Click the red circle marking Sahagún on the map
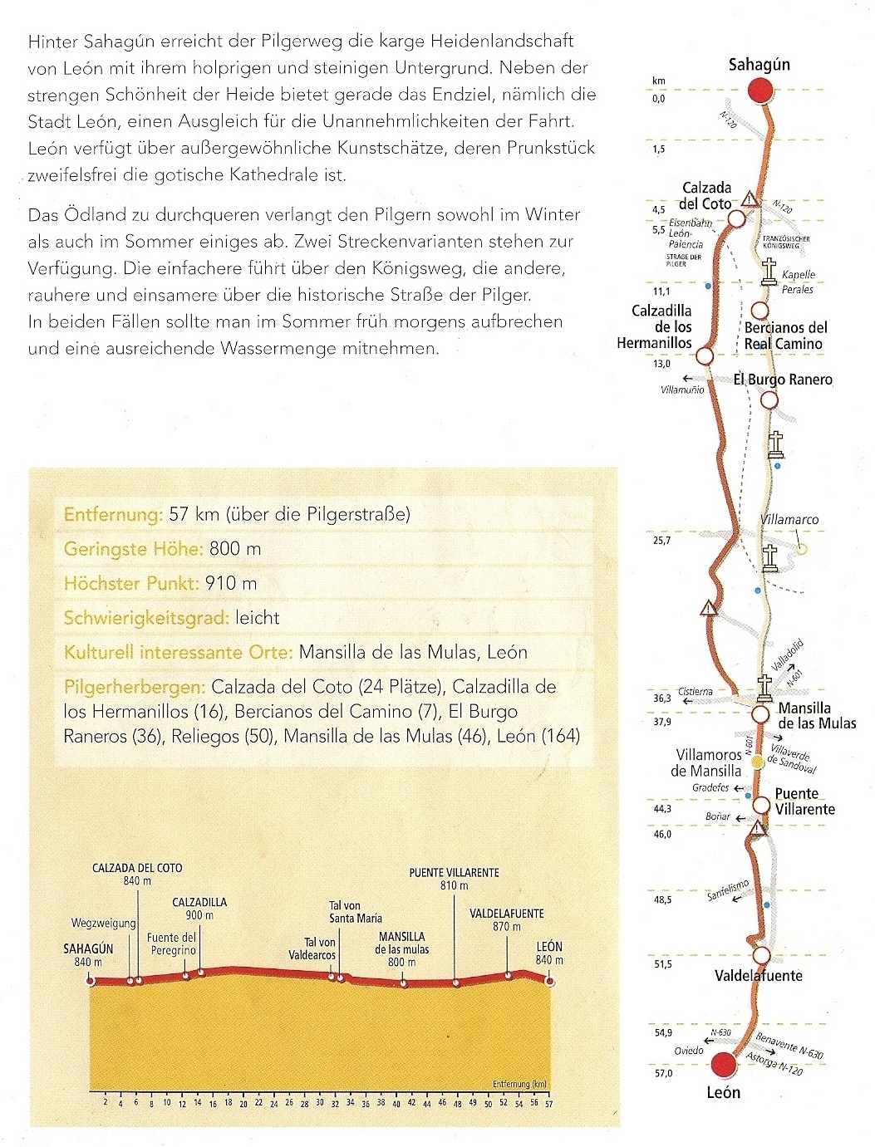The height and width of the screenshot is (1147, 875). click(x=759, y=91)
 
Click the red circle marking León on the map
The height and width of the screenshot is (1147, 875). click(x=724, y=1064)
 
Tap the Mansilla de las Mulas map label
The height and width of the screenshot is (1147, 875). click(x=816, y=715)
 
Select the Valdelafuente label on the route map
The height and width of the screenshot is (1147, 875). click(x=758, y=976)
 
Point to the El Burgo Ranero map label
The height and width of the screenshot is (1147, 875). click(x=782, y=380)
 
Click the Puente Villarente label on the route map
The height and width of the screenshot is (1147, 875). click(x=804, y=801)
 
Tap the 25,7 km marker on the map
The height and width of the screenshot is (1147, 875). click(x=661, y=541)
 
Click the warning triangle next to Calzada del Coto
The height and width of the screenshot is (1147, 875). click(x=750, y=199)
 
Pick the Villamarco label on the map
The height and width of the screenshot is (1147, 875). click(x=789, y=520)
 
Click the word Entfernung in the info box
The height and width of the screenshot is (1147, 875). click(x=113, y=514)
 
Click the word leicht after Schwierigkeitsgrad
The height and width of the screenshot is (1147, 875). click(x=257, y=618)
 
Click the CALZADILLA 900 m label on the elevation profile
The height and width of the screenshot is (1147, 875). click(x=199, y=909)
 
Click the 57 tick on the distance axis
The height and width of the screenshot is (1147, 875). click(x=548, y=1103)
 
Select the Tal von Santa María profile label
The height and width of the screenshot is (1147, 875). click(x=356, y=912)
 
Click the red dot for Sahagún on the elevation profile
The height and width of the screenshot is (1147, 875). click(x=91, y=981)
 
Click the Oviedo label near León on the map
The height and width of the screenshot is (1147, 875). click(x=689, y=1051)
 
